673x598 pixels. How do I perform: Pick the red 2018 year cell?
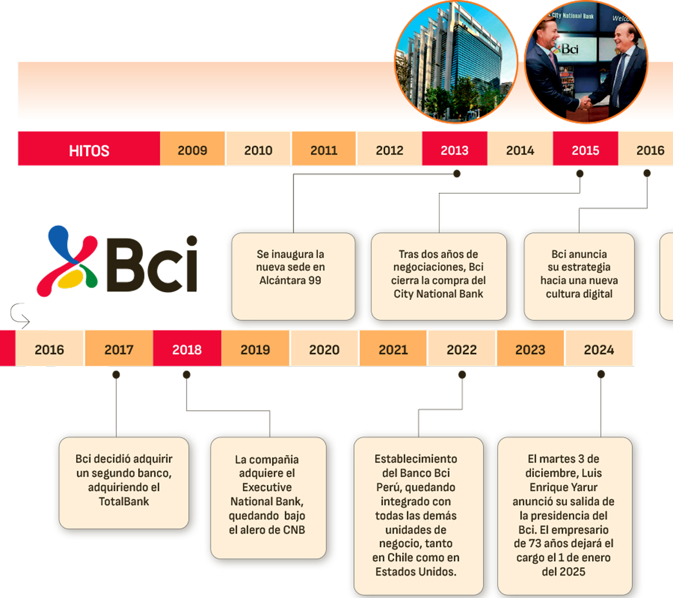click(187, 349)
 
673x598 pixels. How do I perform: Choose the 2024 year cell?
click(598, 349)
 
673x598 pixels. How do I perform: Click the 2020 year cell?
click(324, 349)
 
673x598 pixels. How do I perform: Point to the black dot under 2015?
click(580, 174)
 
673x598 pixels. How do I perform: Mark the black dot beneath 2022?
click(462, 374)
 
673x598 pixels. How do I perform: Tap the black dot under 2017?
click(116, 374)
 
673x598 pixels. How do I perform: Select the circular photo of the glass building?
click(455, 63)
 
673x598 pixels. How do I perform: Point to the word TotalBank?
click(124, 502)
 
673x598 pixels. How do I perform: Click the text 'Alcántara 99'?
click(291, 280)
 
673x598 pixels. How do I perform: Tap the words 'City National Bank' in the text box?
click(438, 294)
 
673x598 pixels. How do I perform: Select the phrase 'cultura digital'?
click(579, 294)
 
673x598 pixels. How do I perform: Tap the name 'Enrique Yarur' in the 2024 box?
click(564, 487)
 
